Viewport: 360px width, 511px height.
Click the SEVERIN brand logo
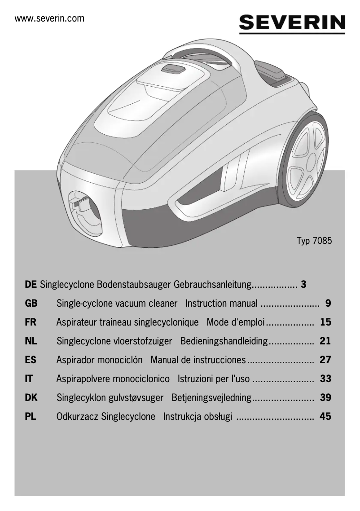(292, 23)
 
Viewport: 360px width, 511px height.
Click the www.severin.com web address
(49, 19)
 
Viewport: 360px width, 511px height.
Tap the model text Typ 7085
(314, 240)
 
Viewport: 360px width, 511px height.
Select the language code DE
(31, 284)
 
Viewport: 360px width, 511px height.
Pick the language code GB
(31, 304)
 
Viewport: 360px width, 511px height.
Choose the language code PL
(31, 416)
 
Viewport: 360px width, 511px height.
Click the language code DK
(31, 397)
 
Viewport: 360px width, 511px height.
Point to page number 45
(325, 416)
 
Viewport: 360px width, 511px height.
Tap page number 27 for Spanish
(325, 360)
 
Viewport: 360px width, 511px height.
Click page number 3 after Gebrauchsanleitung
(304, 284)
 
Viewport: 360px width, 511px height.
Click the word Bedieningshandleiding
(224, 341)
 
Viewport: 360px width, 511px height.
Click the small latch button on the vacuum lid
(173, 69)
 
